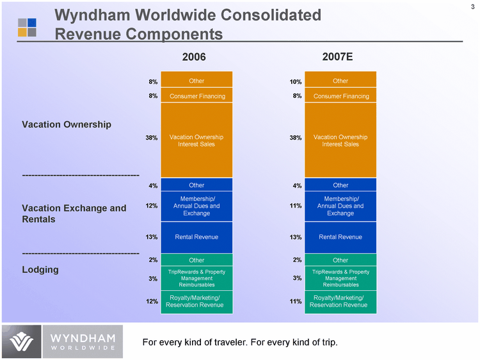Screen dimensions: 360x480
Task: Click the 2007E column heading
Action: coord(338,58)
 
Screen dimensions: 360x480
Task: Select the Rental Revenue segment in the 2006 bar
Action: coord(196,237)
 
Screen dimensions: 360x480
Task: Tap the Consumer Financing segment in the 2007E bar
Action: coord(340,96)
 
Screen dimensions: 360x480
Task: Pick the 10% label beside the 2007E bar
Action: coord(295,82)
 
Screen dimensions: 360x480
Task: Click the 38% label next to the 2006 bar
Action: coord(151,138)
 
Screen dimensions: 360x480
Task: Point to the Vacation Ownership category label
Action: coord(67,124)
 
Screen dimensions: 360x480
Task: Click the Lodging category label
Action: coord(40,270)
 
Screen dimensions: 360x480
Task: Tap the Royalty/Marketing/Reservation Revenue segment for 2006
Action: coord(196,302)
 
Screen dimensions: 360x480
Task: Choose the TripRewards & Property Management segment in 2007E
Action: coord(340,278)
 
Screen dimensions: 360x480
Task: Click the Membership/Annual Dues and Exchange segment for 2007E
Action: coord(340,206)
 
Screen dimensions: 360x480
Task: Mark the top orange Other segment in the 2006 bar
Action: coord(196,81)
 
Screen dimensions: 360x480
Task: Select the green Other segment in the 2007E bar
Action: coord(340,260)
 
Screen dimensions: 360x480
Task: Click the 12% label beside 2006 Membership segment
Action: coord(151,206)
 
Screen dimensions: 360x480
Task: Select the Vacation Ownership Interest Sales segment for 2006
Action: coord(196,140)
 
